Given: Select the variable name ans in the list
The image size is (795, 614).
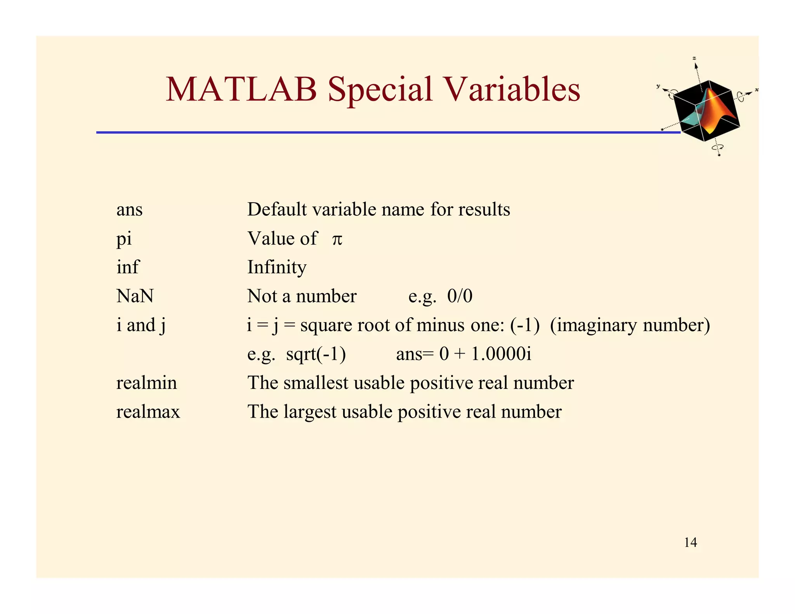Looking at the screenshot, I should (x=129, y=210).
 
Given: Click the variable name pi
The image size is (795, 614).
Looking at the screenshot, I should (x=124, y=239).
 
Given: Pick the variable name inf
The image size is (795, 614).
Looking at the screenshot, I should (x=127, y=267).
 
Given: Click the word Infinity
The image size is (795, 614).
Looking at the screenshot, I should (x=277, y=267).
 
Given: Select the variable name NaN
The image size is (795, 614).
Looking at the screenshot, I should (x=135, y=296).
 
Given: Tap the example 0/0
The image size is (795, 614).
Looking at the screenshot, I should (x=460, y=296).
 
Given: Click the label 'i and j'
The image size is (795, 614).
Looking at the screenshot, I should (x=141, y=325).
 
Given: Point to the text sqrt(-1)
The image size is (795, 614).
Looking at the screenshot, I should (x=316, y=354).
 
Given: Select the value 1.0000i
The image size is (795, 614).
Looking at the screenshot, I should (x=501, y=354).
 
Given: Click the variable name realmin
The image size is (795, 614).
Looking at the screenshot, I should (x=146, y=383).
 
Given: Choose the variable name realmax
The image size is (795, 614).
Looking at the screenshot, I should (x=148, y=412).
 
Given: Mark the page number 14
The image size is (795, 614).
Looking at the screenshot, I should (x=690, y=542).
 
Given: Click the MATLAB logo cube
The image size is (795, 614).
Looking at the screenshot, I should (x=706, y=111).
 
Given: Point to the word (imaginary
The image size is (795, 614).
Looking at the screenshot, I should (x=594, y=325).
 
